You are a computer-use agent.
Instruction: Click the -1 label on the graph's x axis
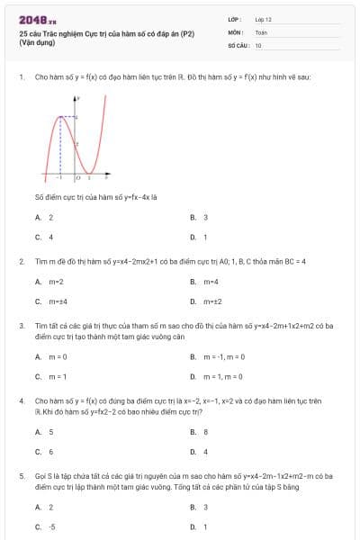point(59,178)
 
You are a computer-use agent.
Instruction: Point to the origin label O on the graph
point(76,178)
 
